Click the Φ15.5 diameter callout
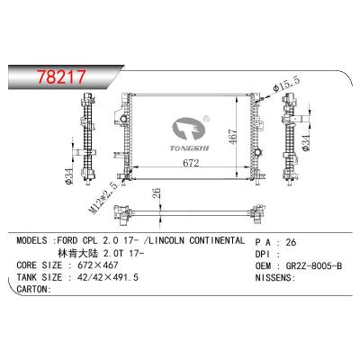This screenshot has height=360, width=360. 288,84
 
